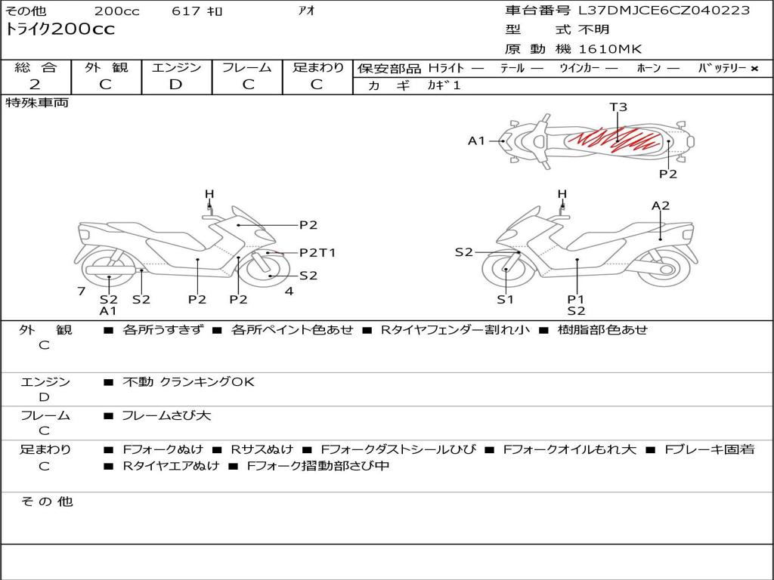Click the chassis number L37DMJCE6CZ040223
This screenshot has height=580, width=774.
664,10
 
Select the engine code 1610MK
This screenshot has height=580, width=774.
610,49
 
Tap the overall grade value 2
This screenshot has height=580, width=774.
35,85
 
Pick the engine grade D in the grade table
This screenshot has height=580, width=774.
175,85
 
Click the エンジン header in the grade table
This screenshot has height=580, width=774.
176,67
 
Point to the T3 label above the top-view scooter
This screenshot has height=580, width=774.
618,106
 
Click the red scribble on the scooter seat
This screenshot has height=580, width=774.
615,139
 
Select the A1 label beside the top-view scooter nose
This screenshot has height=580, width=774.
476,141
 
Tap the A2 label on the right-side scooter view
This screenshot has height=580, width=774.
661,205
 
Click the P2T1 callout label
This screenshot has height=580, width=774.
317,252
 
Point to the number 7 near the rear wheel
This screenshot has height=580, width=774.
82,292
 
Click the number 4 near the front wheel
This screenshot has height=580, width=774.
289,292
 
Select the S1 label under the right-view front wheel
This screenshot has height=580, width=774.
505,299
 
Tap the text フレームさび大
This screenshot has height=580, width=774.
166,416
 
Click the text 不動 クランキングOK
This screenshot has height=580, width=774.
188,381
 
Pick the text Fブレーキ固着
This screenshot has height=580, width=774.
709,449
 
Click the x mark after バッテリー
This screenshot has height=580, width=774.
754,69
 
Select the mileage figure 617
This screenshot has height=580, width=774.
186,11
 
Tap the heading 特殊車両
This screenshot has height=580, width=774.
36,103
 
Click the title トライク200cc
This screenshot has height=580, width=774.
60,29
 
